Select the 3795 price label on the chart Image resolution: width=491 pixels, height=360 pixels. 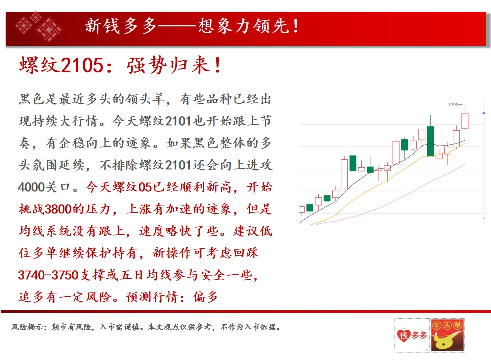click(x=453, y=105)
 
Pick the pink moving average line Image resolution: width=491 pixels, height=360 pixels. click(x=391, y=194)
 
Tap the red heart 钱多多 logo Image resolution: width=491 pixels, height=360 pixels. click(x=412, y=335)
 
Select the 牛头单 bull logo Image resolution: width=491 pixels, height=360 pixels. click(x=447, y=335)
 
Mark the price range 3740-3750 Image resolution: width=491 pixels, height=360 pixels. click(x=48, y=275)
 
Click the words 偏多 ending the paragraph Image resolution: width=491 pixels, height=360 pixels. click(x=205, y=297)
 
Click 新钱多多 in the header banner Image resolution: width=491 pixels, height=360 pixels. click(x=121, y=26)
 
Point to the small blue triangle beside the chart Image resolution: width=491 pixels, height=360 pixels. click(x=483, y=113)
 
